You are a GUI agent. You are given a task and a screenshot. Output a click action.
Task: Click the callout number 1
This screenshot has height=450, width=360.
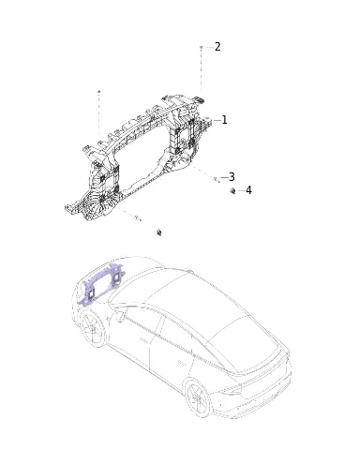tap(224, 120)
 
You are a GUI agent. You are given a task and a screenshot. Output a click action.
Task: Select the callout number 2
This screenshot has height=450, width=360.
tap(217, 47)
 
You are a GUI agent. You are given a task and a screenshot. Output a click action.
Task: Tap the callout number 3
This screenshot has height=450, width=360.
tap(232, 177)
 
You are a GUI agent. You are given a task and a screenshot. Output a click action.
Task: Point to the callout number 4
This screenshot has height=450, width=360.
tap(248, 190)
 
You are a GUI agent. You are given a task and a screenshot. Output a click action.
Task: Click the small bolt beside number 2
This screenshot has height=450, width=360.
tap(201, 47)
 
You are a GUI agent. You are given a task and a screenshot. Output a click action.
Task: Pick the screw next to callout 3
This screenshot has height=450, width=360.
tap(217, 179)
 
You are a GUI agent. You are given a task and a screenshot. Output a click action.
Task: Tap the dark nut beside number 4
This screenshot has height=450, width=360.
tap(232, 190)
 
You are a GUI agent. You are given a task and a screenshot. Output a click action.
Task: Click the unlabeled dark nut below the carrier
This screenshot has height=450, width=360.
tap(159, 232)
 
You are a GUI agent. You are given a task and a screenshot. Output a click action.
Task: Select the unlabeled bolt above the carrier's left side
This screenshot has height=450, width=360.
tap(99, 91)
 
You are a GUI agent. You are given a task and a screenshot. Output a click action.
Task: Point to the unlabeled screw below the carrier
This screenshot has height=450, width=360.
tap(138, 217)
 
